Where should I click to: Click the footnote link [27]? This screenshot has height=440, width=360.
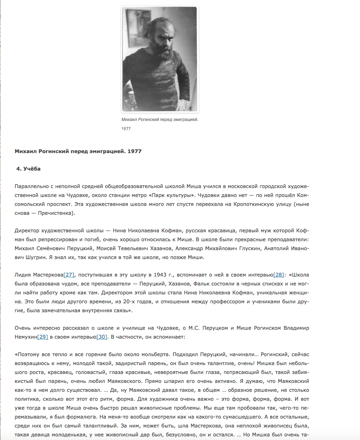(69, 275)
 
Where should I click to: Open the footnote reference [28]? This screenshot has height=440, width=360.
(279, 275)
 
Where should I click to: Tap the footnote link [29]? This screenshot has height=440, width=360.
(43, 337)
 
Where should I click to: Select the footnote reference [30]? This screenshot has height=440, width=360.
(102, 337)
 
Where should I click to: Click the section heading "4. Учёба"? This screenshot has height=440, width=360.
(28, 169)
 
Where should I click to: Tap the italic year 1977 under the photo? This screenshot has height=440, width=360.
(126, 128)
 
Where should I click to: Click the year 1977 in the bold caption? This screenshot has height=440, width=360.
(135, 151)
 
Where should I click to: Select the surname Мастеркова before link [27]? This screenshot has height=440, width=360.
(48, 275)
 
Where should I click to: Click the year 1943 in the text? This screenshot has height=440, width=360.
(160, 275)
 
